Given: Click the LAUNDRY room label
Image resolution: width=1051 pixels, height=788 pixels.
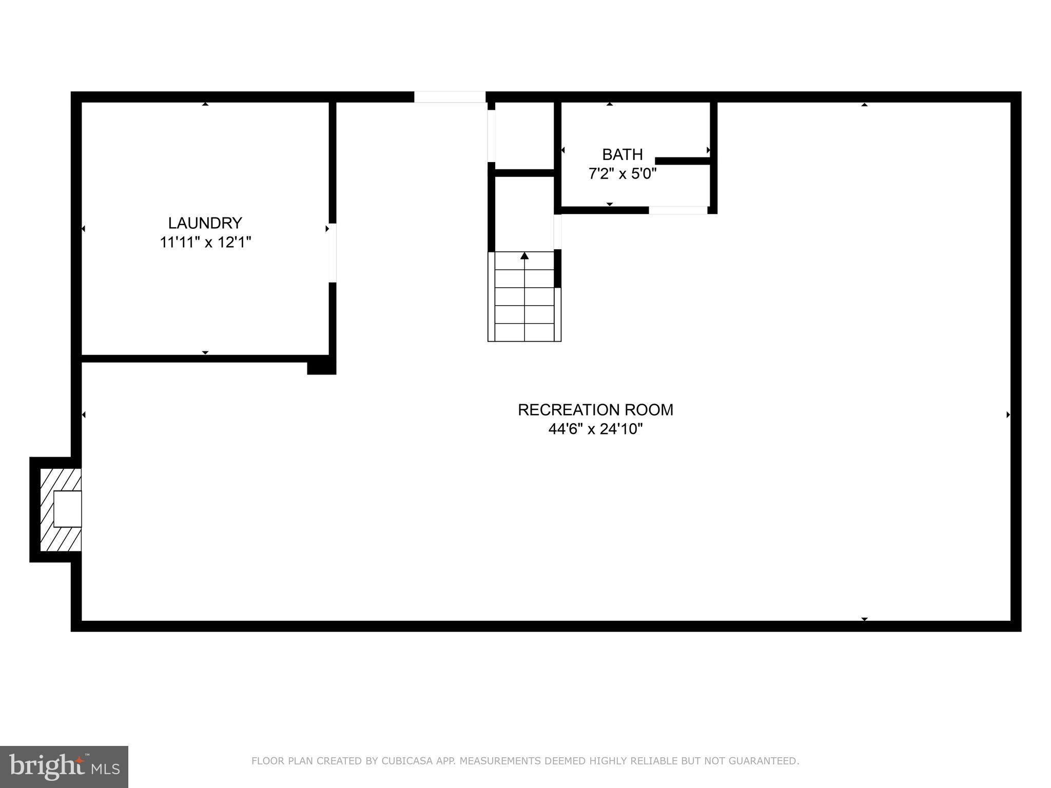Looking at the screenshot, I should pos(205,223).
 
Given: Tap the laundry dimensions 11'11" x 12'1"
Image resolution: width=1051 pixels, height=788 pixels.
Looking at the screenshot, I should pos(205,242).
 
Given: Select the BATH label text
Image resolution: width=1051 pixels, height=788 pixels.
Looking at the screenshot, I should pos(622,154).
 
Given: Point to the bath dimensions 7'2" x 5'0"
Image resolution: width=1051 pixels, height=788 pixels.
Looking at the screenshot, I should pos(622,174).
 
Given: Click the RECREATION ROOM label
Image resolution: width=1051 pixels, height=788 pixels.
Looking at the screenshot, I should pos(595,410).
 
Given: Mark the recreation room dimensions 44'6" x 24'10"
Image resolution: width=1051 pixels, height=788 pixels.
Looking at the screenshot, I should pos(595,429).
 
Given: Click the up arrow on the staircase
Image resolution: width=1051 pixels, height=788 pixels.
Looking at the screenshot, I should pos(524,255).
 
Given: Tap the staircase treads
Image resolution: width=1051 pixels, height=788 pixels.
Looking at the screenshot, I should pos(524,305).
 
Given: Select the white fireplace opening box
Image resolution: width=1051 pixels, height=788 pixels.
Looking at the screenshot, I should pos(67,509).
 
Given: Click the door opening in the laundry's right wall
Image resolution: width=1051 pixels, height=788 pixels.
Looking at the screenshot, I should pos(333,253).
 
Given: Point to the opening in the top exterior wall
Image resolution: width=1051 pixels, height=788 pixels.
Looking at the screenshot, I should pos(450,97).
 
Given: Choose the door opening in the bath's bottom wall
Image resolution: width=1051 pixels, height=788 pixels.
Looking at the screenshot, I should pos(678,210).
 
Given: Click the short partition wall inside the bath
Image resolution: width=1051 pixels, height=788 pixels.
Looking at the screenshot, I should pos(683,161).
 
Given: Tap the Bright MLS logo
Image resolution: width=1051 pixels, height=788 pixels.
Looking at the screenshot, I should pos(64,766).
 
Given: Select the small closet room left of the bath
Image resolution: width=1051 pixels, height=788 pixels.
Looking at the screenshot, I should pos(524,135).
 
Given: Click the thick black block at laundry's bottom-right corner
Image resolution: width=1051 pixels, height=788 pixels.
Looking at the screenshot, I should pos(321,367).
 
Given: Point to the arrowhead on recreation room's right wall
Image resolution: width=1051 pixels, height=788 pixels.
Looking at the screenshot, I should pos(1008,415).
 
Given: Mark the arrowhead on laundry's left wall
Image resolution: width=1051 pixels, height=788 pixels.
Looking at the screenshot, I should pos(83,229).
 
